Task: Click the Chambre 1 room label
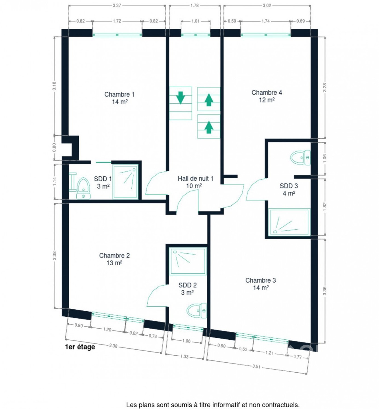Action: (119, 98)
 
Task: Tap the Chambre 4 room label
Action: (266, 96)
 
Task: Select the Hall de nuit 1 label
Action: (195, 182)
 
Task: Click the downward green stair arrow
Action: (180, 98)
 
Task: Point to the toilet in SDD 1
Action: (83, 188)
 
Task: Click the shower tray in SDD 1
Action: (125, 182)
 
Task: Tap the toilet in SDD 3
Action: (300, 158)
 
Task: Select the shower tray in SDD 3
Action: (289, 222)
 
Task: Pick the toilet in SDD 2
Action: (197, 310)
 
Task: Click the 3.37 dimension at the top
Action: (117, 6)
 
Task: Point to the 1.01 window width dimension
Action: (195, 21)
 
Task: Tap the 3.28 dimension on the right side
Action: (324, 87)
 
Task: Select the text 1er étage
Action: (80, 347)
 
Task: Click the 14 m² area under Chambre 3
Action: (261, 287)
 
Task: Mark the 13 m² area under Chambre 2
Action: (114, 263)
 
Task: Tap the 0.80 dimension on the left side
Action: (54, 147)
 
